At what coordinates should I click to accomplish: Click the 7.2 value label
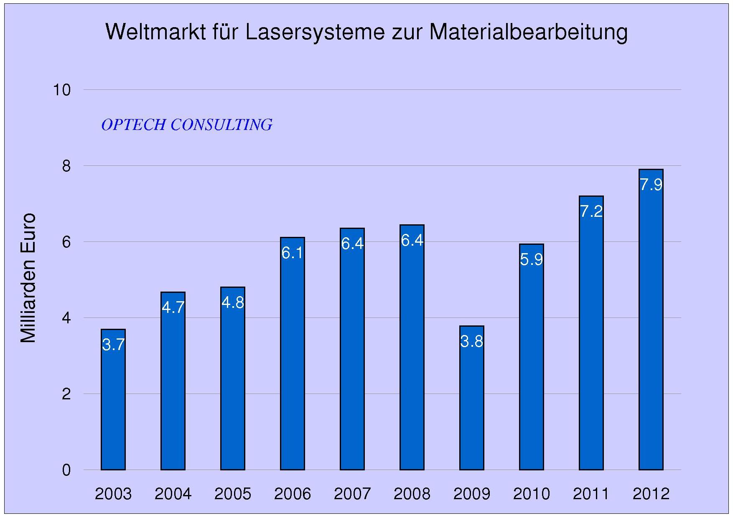[x=591, y=211]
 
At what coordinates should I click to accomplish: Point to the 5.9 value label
[x=531, y=259]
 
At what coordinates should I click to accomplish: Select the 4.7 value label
[x=173, y=307]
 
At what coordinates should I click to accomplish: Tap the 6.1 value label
[x=293, y=253]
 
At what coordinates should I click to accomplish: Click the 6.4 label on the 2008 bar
[x=412, y=240]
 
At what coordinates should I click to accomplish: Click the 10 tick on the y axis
[x=61, y=89]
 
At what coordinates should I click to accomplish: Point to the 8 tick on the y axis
[x=66, y=166]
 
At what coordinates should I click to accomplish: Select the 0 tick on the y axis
[x=66, y=470]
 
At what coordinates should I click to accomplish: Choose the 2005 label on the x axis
[x=233, y=494]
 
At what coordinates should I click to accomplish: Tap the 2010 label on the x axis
[x=531, y=494]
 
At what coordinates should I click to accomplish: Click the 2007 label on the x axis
[x=352, y=494]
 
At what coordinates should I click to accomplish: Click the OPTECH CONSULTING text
[x=187, y=125]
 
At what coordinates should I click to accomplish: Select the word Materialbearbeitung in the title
[x=528, y=32]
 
